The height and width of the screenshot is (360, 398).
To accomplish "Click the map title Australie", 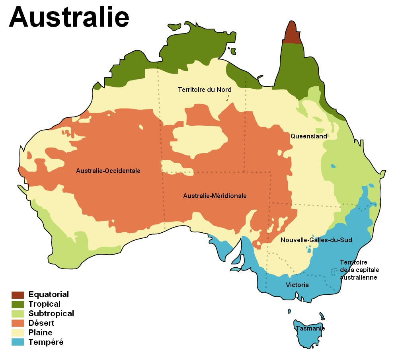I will click(69, 17).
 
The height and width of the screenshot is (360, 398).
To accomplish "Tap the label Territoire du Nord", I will click(205, 90).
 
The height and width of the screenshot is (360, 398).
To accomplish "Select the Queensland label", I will click(308, 136).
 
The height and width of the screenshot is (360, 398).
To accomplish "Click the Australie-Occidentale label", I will click(108, 171).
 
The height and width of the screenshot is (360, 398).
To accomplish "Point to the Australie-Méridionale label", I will click(215, 196).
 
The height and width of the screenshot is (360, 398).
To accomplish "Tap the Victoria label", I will click(297, 285).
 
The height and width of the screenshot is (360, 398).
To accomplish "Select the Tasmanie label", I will click(310, 329).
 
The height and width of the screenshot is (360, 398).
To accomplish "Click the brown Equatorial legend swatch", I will click(18, 295).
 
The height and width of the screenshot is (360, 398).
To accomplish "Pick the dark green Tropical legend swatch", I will click(18, 304).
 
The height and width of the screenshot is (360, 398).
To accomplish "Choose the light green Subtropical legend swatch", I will click(18, 314).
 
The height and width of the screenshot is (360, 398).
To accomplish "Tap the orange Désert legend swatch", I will click(18, 323).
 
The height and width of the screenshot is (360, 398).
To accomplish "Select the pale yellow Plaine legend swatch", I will click(18, 333).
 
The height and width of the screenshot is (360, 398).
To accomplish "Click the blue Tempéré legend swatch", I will click(18, 342).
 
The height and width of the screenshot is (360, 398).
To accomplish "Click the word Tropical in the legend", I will click(45, 304).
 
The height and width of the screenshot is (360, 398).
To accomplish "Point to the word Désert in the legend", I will click(41, 323).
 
